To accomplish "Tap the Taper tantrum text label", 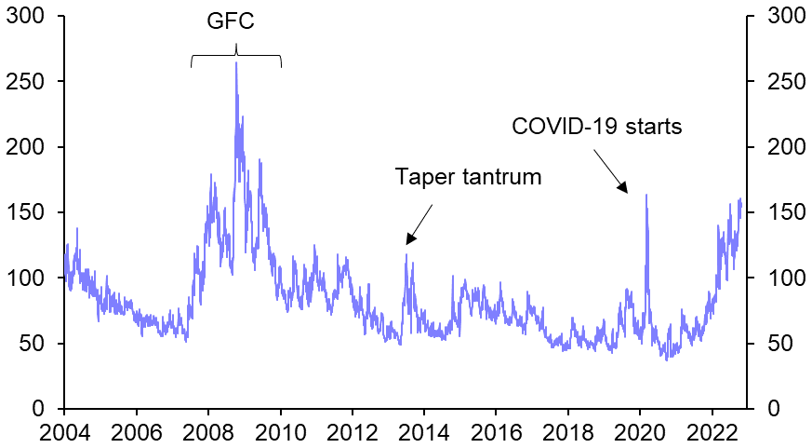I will pos(468,177).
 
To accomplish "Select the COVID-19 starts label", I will pos(597,126).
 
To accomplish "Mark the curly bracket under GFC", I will pos(236,57).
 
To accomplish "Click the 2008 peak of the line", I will pos(236,63).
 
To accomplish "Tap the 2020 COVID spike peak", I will pos(646,195).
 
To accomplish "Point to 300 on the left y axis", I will pos(26,16).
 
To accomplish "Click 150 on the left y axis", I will pos(26,212).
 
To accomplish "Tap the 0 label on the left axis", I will pos(38,409).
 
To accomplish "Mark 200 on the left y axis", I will pos(26,147).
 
